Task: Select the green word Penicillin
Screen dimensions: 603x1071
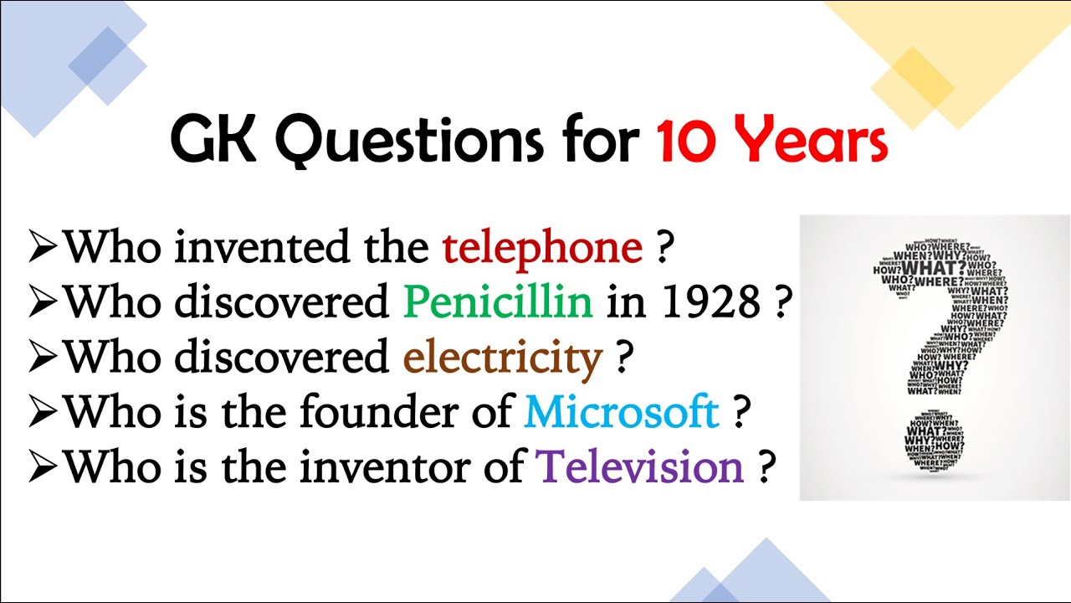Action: (x=497, y=302)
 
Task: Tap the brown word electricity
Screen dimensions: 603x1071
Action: (x=502, y=358)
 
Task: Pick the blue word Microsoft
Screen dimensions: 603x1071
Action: (x=622, y=412)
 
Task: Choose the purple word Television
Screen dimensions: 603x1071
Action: (x=640, y=466)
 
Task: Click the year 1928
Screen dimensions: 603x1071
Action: (x=710, y=302)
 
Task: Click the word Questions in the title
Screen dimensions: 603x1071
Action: (x=407, y=139)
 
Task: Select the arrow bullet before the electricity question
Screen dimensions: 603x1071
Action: (x=43, y=358)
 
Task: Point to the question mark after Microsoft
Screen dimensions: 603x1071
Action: (x=740, y=413)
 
